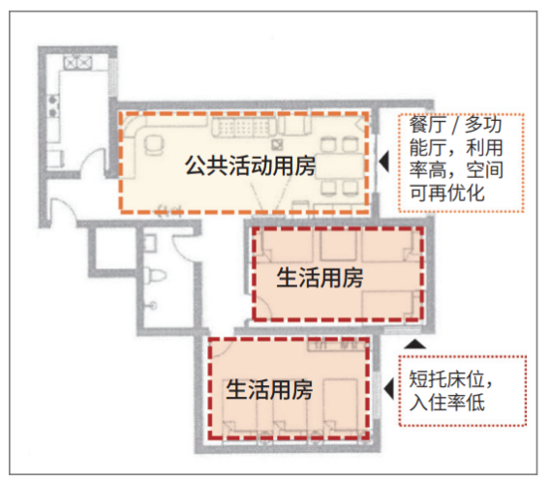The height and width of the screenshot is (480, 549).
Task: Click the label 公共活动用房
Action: tap(250, 165)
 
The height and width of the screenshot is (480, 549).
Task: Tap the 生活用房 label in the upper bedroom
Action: tap(320, 278)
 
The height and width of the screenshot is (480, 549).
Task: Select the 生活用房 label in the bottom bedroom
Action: tap(269, 390)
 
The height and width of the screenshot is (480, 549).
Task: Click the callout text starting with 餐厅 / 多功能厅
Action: tap(456, 159)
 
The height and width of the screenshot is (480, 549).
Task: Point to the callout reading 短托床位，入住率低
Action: tap(451, 390)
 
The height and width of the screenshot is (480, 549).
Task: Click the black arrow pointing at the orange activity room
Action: tap(384, 162)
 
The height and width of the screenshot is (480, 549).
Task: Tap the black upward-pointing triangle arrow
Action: tap(415, 344)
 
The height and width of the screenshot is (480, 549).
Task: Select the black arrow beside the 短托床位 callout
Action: tap(389, 389)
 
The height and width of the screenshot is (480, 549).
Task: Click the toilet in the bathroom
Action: tap(154, 274)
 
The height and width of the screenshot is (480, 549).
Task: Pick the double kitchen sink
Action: tap(77, 62)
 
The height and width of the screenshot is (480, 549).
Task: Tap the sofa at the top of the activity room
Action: tap(244, 128)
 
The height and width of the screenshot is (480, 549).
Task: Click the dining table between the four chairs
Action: tap(339, 166)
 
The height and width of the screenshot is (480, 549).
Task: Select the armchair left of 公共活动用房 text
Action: tap(153, 144)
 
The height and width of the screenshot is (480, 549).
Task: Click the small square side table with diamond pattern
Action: tap(278, 144)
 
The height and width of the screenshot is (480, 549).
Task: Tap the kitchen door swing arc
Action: tap(93, 158)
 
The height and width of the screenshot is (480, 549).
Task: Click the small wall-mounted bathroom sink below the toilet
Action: tap(150, 305)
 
